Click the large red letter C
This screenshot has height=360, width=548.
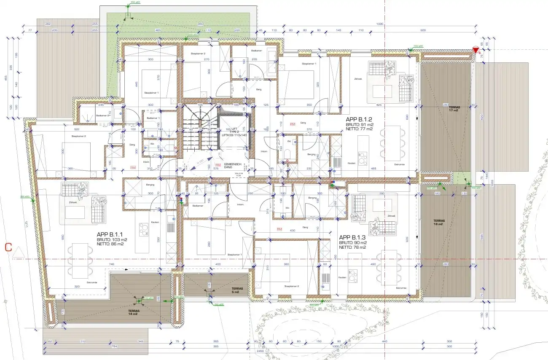pyautogui.click(x=8, y=247)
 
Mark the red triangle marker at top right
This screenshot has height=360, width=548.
pyautogui.click(x=476, y=50)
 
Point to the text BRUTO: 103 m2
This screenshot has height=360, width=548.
pyautogui.click(x=112, y=239)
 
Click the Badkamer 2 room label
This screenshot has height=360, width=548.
pyautogui.click(x=103, y=116)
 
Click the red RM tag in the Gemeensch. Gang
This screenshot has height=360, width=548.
pyautogui.click(x=218, y=165)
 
